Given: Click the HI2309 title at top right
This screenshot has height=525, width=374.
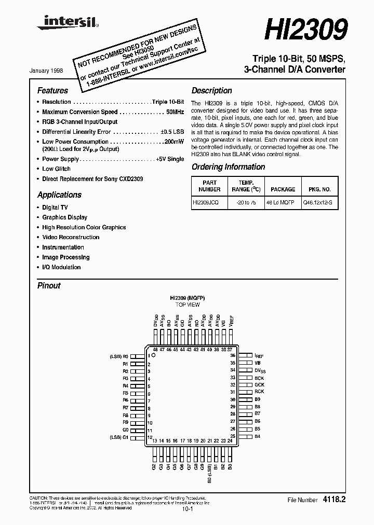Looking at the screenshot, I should tap(306, 30).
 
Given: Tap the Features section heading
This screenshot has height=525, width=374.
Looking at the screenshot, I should tap(52, 90).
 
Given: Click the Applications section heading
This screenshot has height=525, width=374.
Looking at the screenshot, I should tap(59, 195).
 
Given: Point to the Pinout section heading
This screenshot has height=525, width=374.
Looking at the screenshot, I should tap(49, 285).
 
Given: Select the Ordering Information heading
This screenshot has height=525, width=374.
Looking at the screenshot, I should tap(228, 167).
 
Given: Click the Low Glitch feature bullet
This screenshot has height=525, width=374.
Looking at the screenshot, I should tap(56, 169).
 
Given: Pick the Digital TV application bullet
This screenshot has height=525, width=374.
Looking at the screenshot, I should tap(55, 208).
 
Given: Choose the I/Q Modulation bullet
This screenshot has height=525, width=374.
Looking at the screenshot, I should tap(61, 267).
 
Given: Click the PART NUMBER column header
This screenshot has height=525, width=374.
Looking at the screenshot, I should tap(209, 186).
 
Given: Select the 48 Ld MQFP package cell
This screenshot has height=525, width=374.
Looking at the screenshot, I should tap(283, 204).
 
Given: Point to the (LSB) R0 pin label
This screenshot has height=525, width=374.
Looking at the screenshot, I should tap(118, 356).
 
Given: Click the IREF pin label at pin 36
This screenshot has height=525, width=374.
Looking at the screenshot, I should tap(259, 356).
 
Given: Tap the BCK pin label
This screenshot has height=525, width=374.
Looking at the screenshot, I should tap(259, 378).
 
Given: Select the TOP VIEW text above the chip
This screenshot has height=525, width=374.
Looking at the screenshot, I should tap(187, 305).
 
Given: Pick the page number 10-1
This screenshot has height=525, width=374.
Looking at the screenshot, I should tap(187, 509).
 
